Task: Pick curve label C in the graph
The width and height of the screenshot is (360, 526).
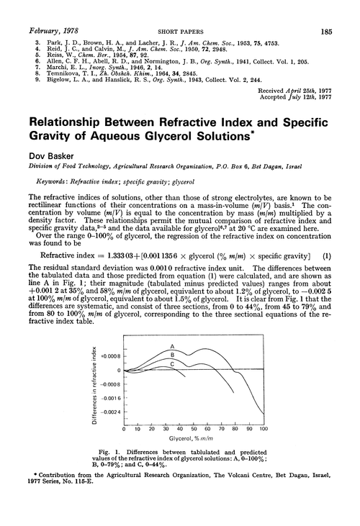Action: tap(172, 364)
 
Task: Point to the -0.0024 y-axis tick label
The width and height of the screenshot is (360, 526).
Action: tap(109, 411)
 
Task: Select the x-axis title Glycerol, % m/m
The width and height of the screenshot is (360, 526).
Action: tap(190, 440)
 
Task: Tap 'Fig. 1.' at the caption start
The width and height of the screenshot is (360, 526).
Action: tap(127, 452)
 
